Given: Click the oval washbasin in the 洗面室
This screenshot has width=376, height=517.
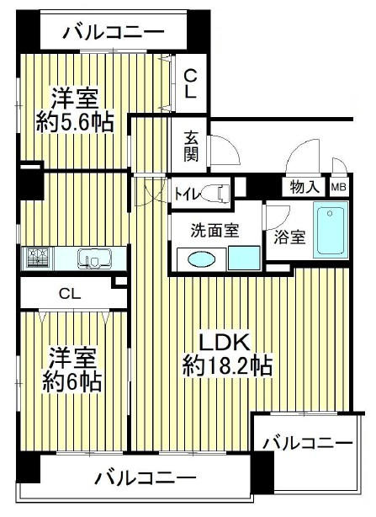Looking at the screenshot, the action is pyautogui.click(x=202, y=259).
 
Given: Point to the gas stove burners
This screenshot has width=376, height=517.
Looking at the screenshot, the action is pyautogui.click(x=38, y=258).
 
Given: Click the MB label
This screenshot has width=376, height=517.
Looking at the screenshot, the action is pyautogui.click(x=339, y=187).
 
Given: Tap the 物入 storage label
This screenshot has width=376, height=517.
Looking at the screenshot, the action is pyautogui.click(x=305, y=187).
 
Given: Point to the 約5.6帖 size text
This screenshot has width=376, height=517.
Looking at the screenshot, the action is pyautogui.click(x=75, y=122).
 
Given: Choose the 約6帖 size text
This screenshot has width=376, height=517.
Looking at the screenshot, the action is pyautogui.click(x=71, y=382).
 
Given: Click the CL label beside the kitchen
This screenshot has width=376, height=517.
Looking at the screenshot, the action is pyautogui.click(x=70, y=293).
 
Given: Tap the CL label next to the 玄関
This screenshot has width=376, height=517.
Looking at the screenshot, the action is pyautogui.click(x=191, y=84).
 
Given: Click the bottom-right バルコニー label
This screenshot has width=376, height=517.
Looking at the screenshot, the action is pyautogui.click(x=308, y=443).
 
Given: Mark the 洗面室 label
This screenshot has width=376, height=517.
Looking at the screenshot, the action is pyautogui.click(x=215, y=231).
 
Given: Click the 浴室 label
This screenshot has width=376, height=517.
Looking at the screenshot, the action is pyautogui.click(x=289, y=237).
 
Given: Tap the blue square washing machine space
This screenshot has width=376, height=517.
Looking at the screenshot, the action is pyautogui.click(x=245, y=258).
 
